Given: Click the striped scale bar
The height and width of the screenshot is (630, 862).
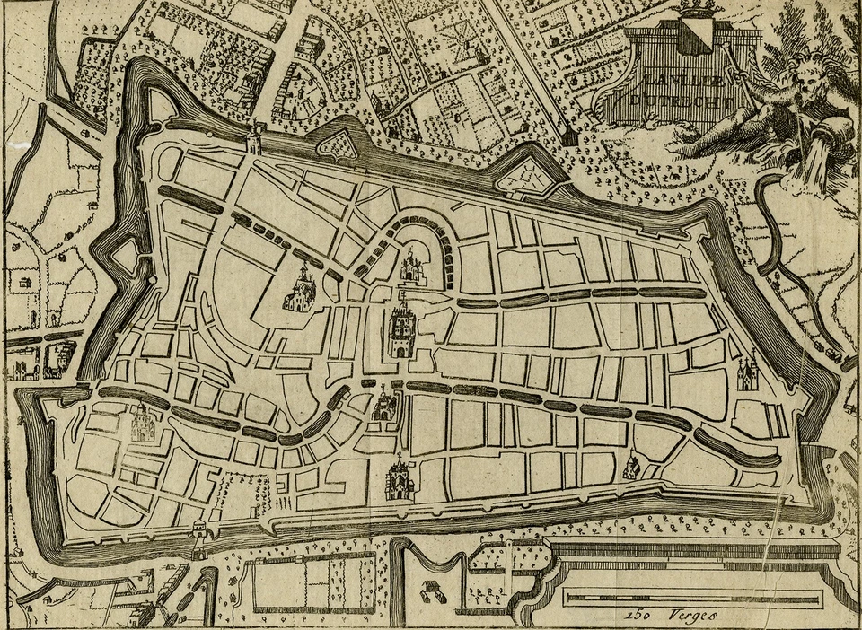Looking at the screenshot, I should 691,598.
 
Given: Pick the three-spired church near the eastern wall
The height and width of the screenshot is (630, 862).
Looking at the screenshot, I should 747,372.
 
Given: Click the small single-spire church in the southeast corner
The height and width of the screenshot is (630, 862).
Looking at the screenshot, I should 633,464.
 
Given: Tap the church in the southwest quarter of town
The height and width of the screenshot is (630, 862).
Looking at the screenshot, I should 143,423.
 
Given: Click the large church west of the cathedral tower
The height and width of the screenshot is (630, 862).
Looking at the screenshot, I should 299,289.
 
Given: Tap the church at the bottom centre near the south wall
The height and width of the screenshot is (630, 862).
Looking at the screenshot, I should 399,480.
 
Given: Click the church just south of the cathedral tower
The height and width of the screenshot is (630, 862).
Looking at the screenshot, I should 386,406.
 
